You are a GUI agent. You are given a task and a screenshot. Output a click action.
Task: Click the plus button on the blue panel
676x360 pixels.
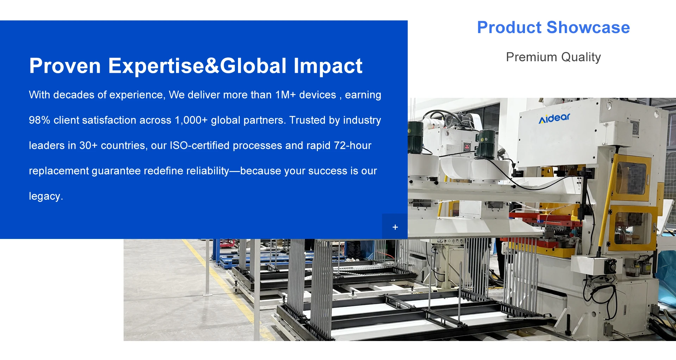[395, 227]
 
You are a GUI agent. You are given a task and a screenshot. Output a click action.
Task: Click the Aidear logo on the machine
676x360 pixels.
[554, 118]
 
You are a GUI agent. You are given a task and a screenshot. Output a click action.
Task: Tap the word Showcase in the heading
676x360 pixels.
[588, 27]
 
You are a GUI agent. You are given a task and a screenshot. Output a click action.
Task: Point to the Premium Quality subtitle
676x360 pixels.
[553, 57]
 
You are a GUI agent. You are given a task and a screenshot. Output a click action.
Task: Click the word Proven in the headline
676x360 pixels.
[65, 66]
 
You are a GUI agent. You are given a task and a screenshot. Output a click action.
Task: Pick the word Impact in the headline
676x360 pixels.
[328, 66]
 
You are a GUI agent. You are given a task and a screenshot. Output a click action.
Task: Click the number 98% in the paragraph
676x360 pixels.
[39, 120]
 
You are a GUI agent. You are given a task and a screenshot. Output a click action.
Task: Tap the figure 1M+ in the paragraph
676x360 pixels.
[286, 95]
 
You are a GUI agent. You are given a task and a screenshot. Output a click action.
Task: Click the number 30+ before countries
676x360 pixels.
[88, 146]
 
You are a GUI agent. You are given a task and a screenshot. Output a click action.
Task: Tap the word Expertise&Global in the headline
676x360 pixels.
[198, 66]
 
